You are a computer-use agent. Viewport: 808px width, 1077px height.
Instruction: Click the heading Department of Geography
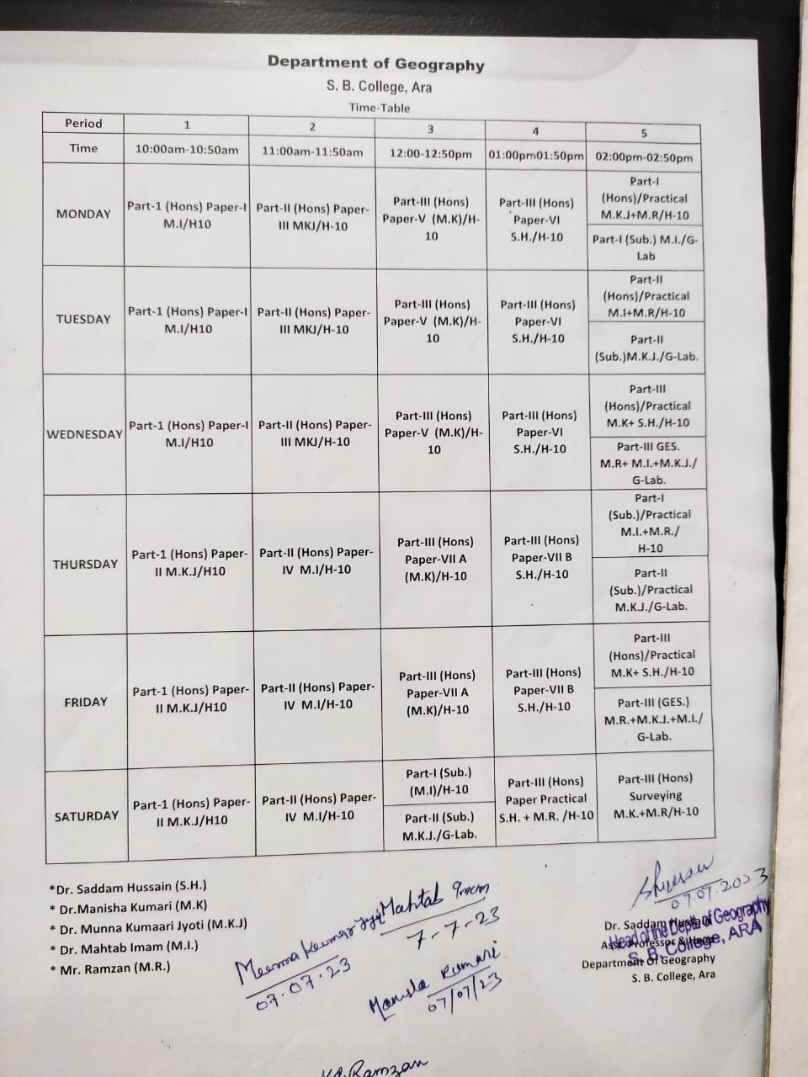375,62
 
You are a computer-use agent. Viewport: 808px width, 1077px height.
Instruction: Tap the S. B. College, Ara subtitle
379,87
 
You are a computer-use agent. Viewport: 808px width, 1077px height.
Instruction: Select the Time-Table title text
380,108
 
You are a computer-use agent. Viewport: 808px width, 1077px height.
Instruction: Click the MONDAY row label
83,214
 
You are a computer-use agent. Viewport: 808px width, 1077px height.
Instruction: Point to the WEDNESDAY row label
84,434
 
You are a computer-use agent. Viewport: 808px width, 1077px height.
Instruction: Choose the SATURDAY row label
87,816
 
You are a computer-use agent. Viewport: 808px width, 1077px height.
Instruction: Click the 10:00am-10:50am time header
187,150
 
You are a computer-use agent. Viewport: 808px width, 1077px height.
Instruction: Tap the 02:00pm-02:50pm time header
644,157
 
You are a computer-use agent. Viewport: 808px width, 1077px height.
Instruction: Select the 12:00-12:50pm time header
430,154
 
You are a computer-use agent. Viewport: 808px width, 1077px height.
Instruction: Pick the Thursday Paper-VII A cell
435,560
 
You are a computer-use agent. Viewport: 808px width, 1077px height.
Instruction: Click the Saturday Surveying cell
656,795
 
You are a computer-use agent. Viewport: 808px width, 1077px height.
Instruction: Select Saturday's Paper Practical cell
545,798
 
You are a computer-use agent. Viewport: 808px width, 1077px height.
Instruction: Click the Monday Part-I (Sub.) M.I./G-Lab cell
646,247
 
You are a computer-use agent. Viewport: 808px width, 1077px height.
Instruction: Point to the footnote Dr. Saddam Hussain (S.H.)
128,887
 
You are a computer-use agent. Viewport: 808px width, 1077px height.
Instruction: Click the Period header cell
83,123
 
